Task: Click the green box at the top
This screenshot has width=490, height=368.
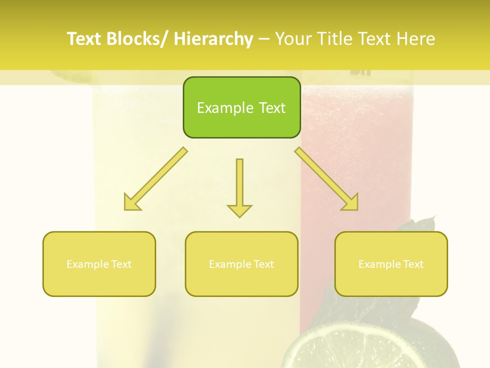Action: [241, 107]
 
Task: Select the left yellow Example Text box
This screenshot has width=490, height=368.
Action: [99, 264]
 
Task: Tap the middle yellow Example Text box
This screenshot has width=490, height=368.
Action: [241, 264]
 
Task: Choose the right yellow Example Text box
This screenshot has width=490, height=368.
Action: [391, 264]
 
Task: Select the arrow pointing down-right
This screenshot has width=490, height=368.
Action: [327, 179]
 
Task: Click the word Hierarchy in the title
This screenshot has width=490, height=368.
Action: [213, 39]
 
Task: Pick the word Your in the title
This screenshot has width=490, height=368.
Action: [291, 39]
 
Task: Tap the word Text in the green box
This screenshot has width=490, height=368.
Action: [272, 108]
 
